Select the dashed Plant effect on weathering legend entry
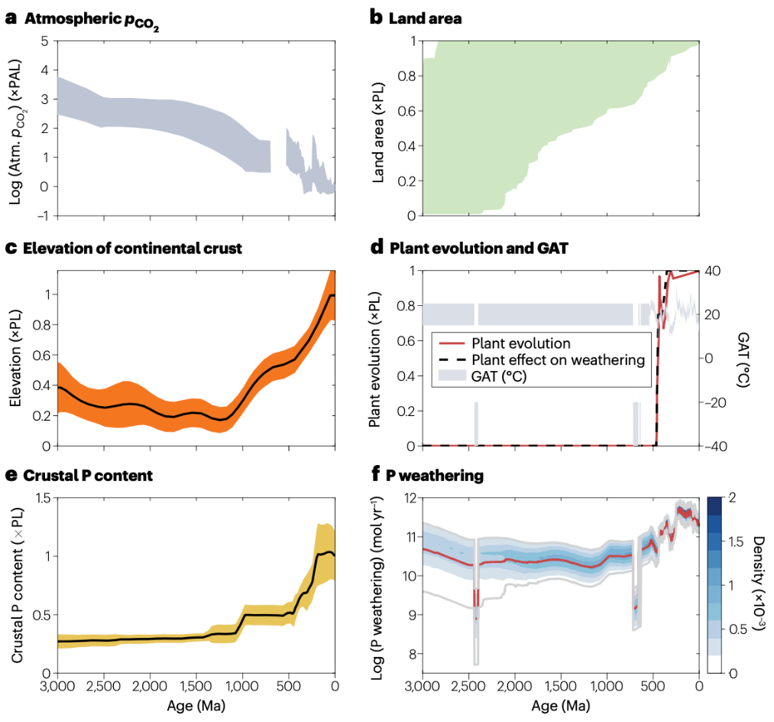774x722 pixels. pyautogui.click(x=559, y=360)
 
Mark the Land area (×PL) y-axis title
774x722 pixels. pyautogui.click(x=378, y=128)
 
